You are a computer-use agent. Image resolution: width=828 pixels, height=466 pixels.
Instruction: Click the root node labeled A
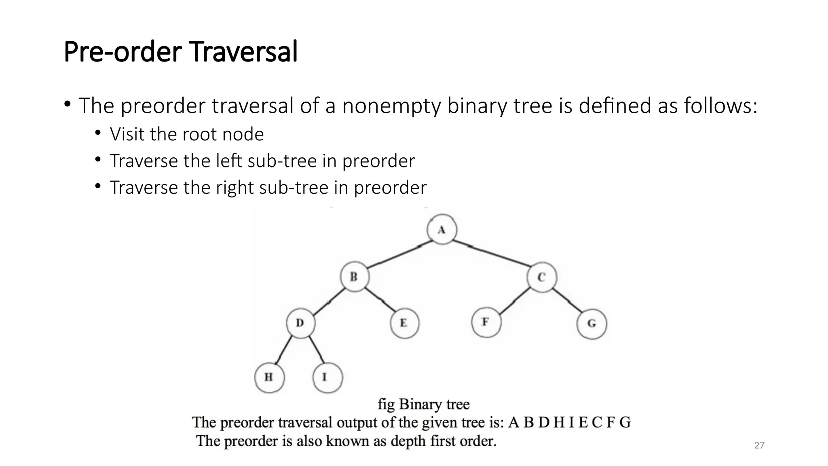[x=442, y=229]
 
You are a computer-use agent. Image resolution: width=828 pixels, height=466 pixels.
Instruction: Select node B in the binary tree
[x=354, y=277]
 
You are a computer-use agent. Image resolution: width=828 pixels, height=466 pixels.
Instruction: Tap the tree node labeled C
[x=542, y=277]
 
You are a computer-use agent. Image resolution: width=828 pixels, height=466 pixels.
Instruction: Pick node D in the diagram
[x=300, y=323]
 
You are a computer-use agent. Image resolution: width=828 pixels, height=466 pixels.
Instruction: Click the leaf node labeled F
[x=486, y=322]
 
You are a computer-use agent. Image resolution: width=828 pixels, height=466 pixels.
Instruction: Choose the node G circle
[x=591, y=323]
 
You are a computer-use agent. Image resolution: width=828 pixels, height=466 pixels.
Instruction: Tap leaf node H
[x=269, y=377]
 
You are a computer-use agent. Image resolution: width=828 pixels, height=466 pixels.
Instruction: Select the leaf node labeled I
[x=327, y=377]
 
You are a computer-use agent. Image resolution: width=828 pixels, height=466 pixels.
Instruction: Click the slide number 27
[x=759, y=445]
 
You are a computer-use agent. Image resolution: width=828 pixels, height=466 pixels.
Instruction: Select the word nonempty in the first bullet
[x=391, y=106]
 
